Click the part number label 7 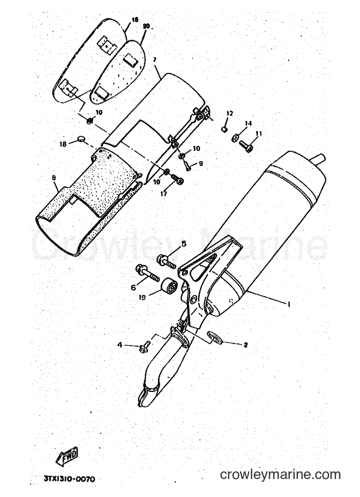155,59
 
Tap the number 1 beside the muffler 289,304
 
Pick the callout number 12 230,113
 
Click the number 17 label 164,194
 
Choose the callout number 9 201,163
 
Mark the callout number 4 120,345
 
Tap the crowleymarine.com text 280,475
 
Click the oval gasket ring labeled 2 213,338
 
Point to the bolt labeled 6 147,273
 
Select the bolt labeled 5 166,262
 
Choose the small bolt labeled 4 144,346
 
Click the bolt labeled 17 177,179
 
